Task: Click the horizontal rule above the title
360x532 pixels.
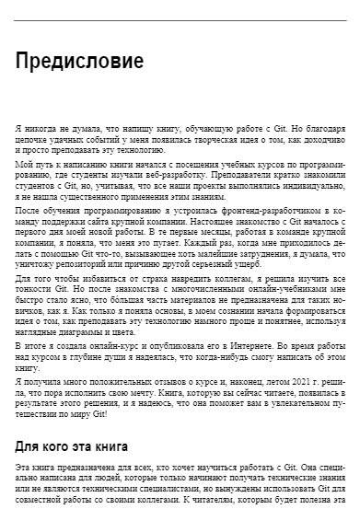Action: click(180, 20)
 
